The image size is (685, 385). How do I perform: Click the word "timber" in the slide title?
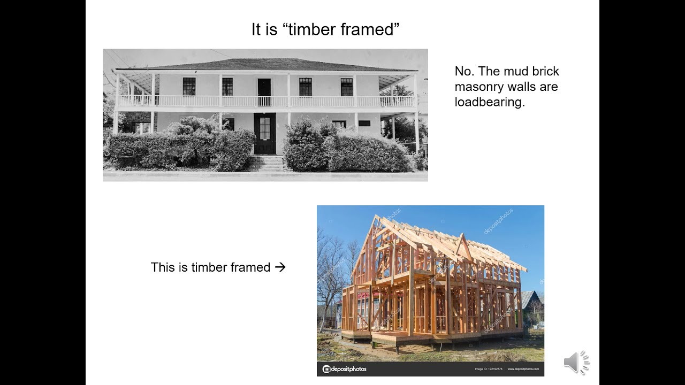311,29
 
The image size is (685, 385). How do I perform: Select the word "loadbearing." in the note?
490,102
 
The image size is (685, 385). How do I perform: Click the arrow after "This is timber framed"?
280,267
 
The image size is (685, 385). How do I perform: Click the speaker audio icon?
576,363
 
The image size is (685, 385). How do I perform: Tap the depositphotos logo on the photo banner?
345,369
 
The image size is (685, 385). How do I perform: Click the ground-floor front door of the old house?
264,133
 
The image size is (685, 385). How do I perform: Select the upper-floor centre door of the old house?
264,91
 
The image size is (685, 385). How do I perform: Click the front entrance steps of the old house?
267,163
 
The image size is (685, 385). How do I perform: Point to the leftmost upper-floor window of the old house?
189,87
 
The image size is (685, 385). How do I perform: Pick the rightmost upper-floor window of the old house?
347,87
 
